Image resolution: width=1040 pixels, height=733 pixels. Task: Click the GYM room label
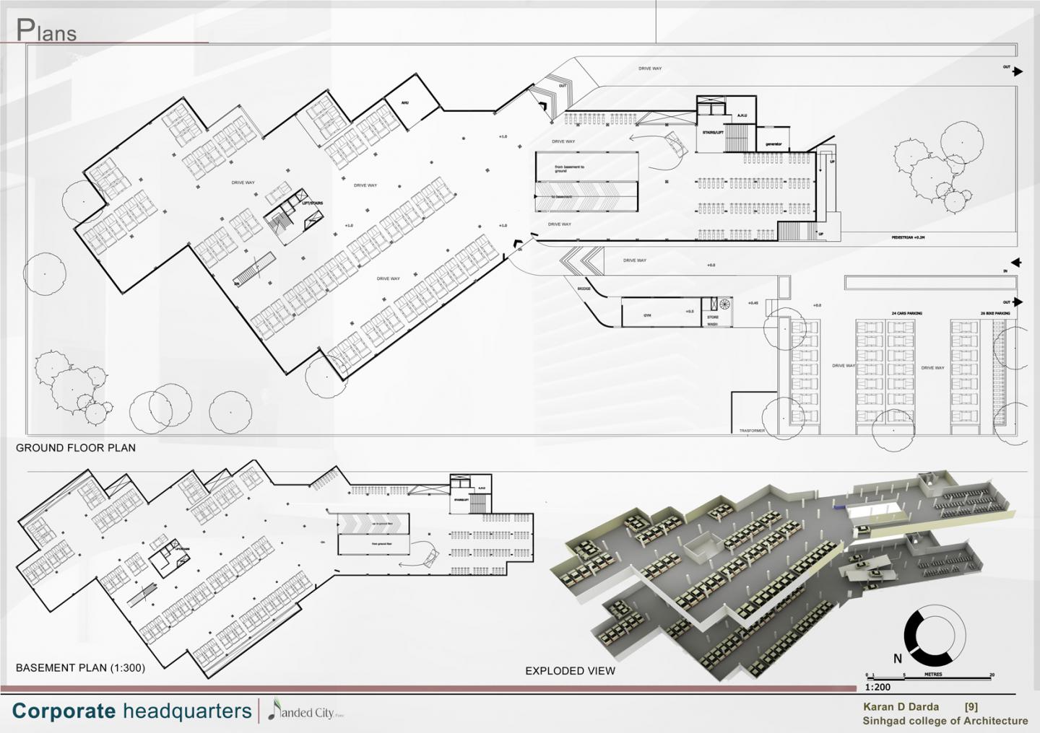[647, 315]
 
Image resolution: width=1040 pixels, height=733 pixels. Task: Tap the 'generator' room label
[773, 144]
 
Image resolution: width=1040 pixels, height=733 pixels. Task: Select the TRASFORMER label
[751, 431]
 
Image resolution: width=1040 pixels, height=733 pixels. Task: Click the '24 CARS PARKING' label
[906, 314]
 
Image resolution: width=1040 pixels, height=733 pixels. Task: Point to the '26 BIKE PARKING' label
[995, 314]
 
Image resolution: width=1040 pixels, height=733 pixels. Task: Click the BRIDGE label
[584, 289]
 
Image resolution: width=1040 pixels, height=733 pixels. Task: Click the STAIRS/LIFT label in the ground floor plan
[713, 133]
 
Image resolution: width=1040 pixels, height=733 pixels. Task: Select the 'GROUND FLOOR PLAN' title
[76, 448]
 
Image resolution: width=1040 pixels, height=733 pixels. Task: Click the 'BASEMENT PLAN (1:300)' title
[80, 668]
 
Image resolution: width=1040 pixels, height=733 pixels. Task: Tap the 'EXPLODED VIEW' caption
[570, 671]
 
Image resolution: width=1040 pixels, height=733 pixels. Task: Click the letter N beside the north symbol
[898, 658]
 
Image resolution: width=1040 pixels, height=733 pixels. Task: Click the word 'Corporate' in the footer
[64, 711]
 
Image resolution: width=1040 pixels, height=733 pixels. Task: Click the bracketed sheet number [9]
[971, 708]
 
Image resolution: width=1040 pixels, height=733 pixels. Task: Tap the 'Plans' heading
[46, 31]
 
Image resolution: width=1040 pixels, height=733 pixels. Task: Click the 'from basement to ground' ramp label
[570, 170]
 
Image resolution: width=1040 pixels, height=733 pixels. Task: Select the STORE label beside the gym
[712, 317]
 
